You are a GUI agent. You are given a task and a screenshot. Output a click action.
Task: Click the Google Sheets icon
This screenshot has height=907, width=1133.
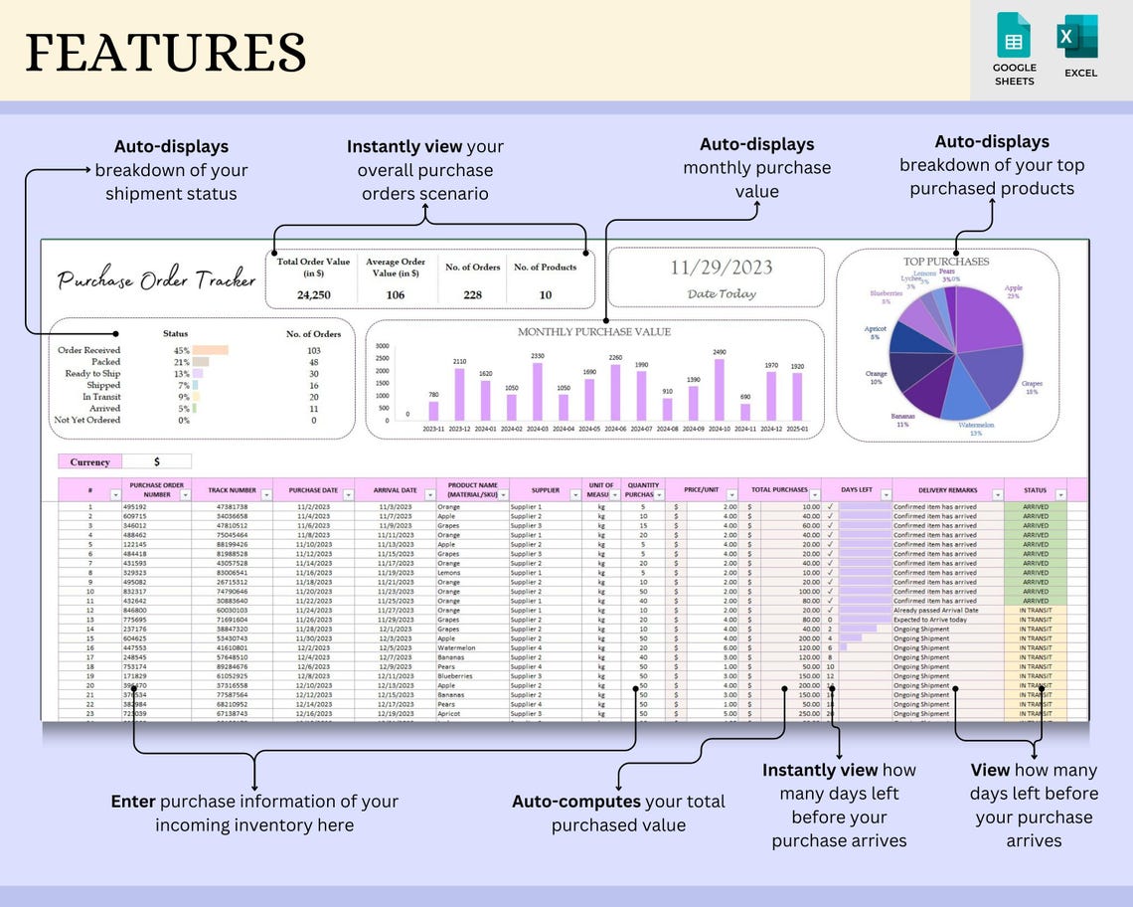point(1014,37)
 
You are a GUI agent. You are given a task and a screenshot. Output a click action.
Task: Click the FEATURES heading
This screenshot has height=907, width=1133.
point(165,52)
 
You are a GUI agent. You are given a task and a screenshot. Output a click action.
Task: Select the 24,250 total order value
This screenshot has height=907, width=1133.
point(313,294)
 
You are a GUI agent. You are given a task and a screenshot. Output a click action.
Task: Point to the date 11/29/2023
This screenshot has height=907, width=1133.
point(721,267)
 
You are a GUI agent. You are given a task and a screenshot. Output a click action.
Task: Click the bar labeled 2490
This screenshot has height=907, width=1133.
point(720,390)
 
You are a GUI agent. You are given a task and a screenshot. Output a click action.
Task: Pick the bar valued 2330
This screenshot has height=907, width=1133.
point(538,392)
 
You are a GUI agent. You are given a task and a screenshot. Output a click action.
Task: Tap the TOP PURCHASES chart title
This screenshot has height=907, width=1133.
point(945,262)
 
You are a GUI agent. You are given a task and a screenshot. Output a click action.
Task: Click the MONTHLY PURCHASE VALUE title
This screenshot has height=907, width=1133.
point(593,331)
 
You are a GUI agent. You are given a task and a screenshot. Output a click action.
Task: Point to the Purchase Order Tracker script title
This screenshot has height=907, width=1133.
point(156,279)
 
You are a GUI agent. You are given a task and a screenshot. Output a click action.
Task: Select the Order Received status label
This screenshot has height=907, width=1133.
point(88,350)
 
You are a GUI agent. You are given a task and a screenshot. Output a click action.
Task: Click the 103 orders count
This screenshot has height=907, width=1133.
point(313,350)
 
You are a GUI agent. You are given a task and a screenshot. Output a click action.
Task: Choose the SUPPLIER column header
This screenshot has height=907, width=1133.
point(544,490)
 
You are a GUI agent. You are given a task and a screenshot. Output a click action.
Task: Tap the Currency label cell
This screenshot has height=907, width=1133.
point(89,461)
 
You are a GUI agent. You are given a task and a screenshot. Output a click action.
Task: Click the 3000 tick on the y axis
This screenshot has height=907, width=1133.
point(382,346)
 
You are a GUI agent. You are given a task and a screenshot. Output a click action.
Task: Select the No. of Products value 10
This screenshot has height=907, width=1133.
point(546,294)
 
